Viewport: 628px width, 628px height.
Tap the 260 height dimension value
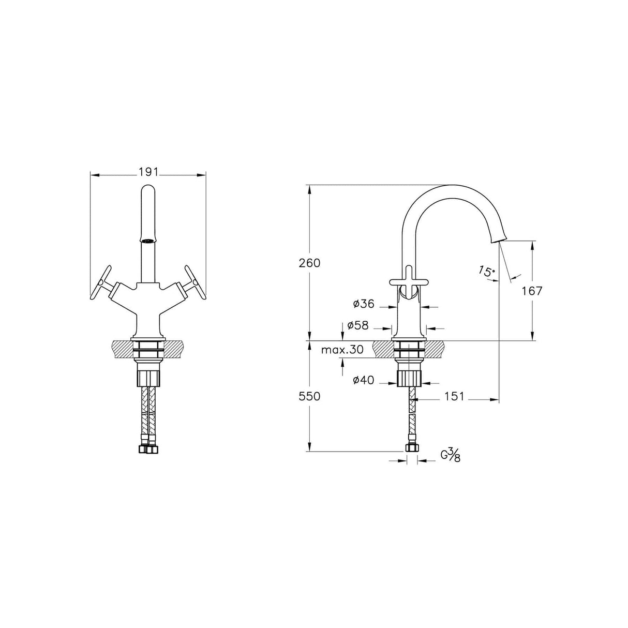coord(309,263)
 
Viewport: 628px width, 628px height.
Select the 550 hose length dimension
coord(309,396)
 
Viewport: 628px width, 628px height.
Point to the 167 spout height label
coord(532,291)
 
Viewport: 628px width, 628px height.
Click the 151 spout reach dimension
coord(454,396)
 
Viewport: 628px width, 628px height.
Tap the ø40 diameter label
coord(363,380)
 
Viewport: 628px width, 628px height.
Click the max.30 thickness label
coord(342,350)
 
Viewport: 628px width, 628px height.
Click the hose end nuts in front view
coord(148,450)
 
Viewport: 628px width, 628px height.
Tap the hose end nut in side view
coord(412,448)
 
